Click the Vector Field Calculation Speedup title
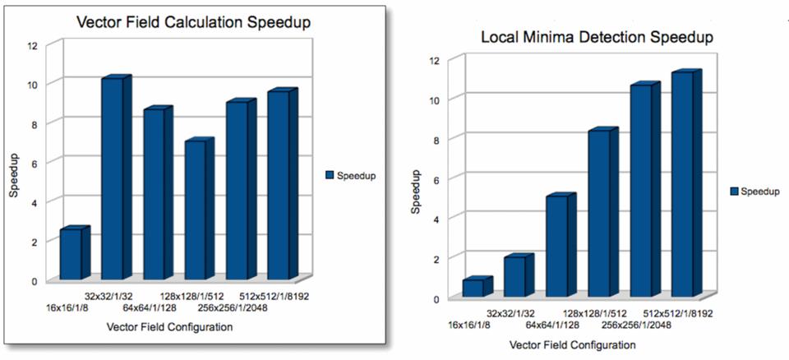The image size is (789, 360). (x=193, y=22)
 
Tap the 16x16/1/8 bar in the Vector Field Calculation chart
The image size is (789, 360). (x=71, y=253)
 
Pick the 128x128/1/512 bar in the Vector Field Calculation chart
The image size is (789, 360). (x=195, y=210)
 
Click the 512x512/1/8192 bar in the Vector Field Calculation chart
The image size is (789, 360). (x=278, y=184)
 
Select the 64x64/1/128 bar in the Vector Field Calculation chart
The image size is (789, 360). (x=153, y=193)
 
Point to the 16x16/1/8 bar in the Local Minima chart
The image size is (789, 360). (x=473, y=288)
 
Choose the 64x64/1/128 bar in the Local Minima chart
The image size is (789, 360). (x=556, y=246)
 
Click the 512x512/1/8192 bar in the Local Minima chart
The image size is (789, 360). (x=681, y=184)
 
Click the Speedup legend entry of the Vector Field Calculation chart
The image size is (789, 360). (x=351, y=176)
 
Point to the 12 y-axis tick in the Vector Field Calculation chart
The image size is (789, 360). (x=33, y=45)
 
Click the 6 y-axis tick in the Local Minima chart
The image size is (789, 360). (x=436, y=178)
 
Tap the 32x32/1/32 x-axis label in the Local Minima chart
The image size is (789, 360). (x=510, y=313)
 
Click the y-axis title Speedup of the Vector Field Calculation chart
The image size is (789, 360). (x=14, y=173)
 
